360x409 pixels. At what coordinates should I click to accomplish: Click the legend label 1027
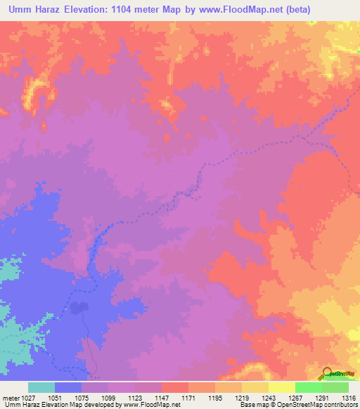click(27, 397)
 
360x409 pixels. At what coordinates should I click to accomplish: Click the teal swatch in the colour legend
click(41, 387)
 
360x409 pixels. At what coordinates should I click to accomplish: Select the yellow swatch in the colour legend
click(282, 387)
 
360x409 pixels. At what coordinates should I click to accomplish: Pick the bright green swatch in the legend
click(309, 387)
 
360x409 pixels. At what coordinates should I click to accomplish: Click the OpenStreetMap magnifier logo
click(326, 372)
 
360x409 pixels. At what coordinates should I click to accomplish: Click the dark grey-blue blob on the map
click(79, 308)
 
